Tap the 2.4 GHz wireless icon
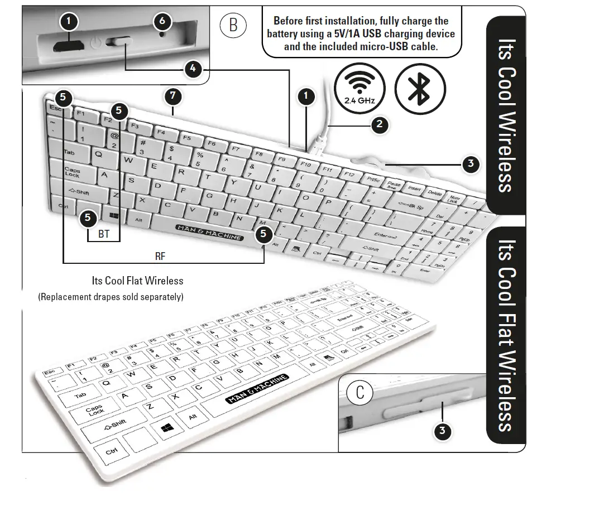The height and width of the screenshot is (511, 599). point(360,89)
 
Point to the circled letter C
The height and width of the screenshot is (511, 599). point(360,392)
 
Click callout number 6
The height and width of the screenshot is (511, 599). point(162,22)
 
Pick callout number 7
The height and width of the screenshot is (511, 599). point(173,96)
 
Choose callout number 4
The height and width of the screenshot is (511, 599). point(193,69)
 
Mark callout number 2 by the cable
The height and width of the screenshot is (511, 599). point(380,124)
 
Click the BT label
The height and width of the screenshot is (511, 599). point(104,234)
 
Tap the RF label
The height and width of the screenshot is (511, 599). point(160,257)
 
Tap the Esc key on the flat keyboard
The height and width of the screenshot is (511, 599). point(50,372)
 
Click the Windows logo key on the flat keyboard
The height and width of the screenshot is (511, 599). point(166,428)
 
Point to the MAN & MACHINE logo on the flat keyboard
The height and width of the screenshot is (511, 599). point(257,389)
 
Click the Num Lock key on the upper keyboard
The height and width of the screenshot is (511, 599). point(455,199)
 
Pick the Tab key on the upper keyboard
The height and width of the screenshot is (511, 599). point(69,152)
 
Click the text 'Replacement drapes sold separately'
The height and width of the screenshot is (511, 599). point(111,297)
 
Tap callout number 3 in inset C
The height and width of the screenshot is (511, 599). point(442,431)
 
